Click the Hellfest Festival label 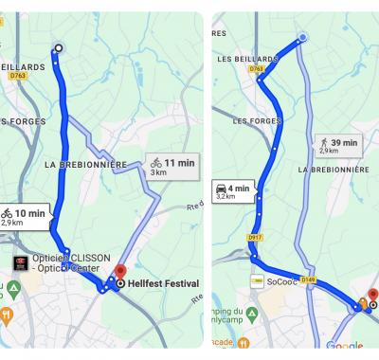pyautogui.click(x=163, y=283)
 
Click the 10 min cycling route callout pyautogui.click(x=24, y=218)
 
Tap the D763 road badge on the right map pyautogui.click(x=257, y=68)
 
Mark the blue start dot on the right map pyautogui.click(x=303, y=38)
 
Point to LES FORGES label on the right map pyautogui.click(x=254, y=121)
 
